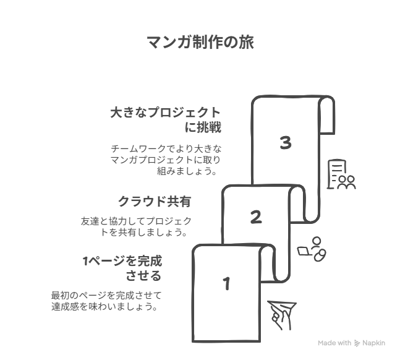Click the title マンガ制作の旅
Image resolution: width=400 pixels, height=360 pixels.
(200, 43)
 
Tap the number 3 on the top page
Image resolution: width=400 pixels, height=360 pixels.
(286, 143)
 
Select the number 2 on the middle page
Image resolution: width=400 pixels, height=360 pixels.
(256, 217)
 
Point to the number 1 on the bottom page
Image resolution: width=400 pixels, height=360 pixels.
(226, 284)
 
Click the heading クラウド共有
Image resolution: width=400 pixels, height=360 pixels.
(155, 202)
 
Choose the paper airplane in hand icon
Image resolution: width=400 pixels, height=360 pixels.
(282, 315)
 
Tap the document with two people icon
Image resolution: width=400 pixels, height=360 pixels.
(341, 174)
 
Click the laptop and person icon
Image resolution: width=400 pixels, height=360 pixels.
(312, 249)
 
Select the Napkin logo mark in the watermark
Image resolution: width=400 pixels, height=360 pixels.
(357, 343)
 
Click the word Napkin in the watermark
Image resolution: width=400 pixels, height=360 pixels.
(373, 343)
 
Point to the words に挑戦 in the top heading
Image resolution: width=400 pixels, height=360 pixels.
(203, 127)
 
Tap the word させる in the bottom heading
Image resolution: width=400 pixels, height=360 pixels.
(143, 276)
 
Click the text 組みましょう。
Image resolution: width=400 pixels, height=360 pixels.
(187, 171)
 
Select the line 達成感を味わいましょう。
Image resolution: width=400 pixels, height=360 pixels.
(104, 306)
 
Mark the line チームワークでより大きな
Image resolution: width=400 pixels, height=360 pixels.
(166, 148)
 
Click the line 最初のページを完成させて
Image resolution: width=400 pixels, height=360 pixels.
(106, 296)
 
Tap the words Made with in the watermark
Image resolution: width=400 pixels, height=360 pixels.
(334, 343)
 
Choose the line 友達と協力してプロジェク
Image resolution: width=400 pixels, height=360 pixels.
(136, 221)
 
